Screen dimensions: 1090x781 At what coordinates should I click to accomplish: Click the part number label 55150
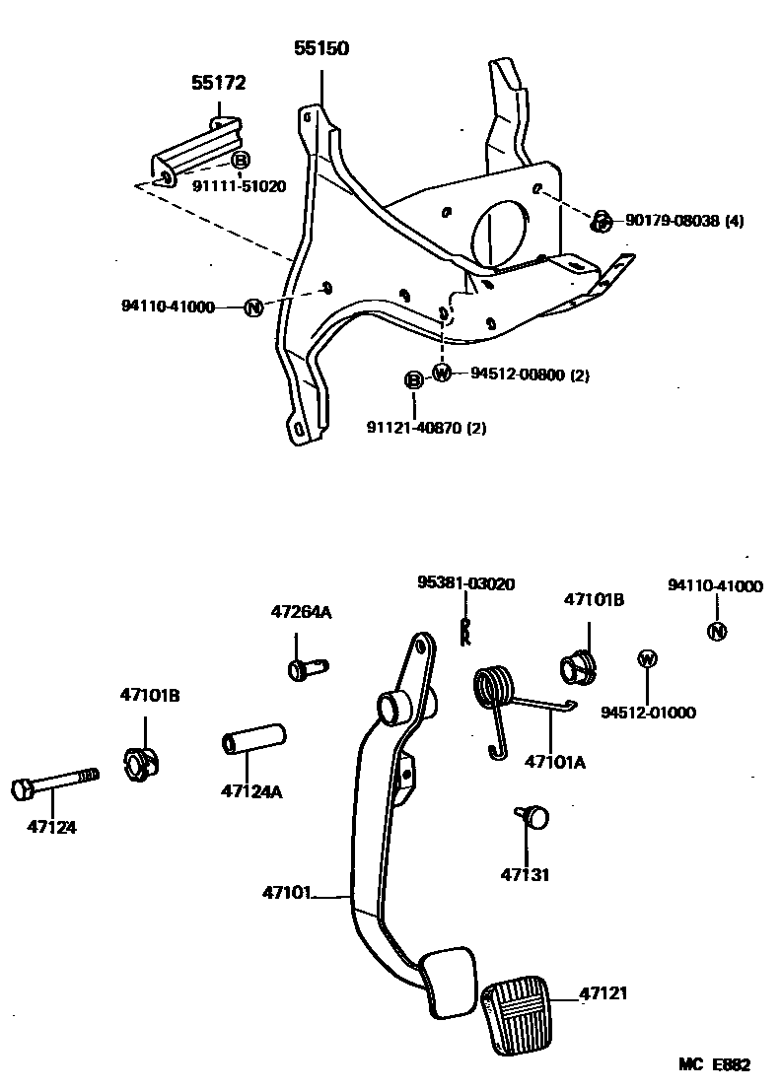click(x=321, y=48)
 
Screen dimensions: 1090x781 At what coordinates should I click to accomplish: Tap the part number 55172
click(x=218, y=84)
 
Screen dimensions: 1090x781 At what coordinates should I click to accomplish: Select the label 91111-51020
click(x=239, y=185)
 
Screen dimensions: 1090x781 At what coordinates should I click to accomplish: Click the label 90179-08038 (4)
click(x=683, y=222)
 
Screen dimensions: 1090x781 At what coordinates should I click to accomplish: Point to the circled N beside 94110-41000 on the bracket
click(x=253, y=307)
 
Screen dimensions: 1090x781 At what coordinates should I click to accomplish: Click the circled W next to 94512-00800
click(x=442, y=374)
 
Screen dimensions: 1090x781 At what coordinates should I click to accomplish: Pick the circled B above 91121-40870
click(x=413, y=380)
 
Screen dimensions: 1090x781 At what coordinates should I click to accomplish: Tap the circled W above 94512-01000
click(x=648, y=658)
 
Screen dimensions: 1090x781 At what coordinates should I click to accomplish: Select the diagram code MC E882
click(x=714, y=1064)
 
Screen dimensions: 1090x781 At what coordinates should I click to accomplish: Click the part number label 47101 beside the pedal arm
click(x=287, y=894)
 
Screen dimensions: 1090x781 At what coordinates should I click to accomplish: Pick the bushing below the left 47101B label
click(x=143, y=763)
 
